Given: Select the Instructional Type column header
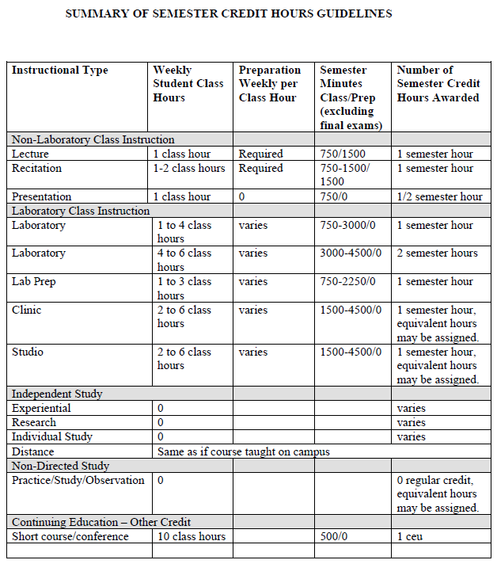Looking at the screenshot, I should (60, 70).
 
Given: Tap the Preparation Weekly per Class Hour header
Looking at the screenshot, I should (270, 84).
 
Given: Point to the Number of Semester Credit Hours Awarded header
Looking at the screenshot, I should (439, 84).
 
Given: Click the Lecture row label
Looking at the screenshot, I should (30, 154).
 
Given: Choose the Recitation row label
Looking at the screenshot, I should (36, 168).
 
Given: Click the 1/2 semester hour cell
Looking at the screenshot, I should (439, 196).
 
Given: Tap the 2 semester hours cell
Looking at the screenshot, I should (437, 253).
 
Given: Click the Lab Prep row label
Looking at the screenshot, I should (34, 282).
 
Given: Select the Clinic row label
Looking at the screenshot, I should (26, 310).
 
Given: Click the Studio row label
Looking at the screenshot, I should (28, 352).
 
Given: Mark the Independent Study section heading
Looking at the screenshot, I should (57, 394).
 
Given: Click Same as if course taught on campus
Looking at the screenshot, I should (244, 451).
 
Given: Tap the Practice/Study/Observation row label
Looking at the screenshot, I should (78, 480).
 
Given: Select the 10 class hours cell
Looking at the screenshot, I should (192, 536).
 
